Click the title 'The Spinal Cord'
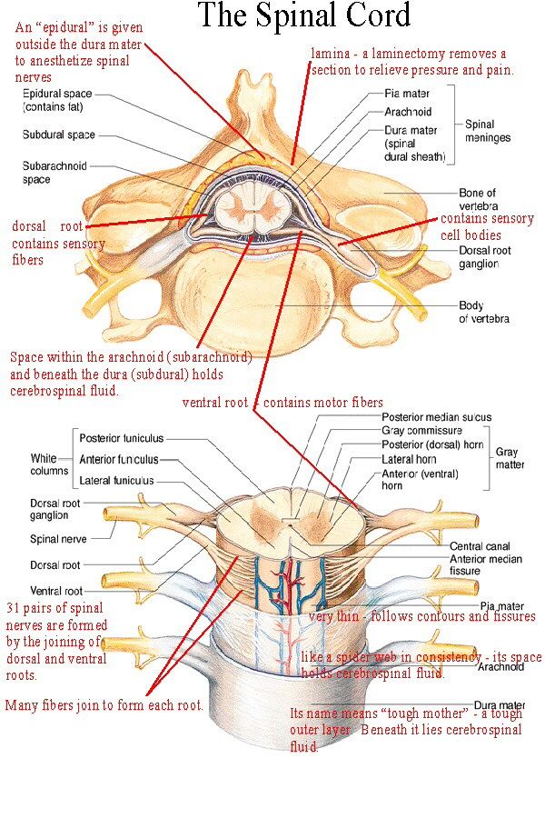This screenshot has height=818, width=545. point(303,15)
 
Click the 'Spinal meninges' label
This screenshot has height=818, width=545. point(487,131)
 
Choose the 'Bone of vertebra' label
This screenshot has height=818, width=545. point(477,198)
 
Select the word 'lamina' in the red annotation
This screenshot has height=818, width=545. point(330,54)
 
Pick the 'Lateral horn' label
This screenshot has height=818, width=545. point(408,459)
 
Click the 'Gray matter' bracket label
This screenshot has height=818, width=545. point(510,457)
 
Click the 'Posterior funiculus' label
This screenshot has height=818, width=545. point(122,438)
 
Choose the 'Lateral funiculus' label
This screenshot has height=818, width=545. point(116,480)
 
